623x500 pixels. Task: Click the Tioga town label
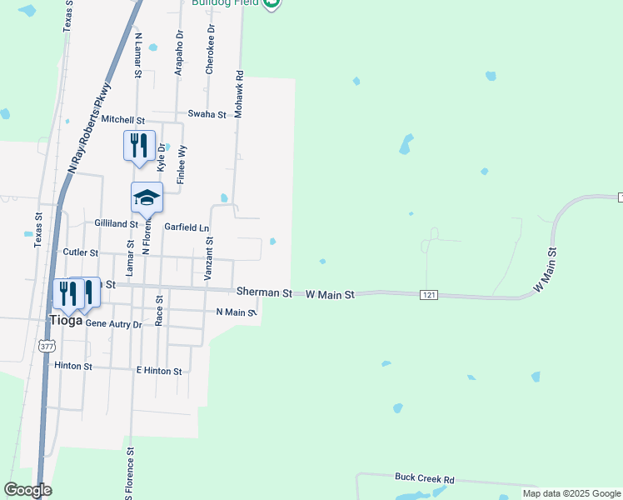click(67, 321)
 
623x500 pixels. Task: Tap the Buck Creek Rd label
click(425, 479)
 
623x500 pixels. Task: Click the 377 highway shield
click(45, 344)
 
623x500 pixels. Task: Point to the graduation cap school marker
click(147, 197)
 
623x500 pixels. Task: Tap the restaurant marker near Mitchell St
click(139, 145)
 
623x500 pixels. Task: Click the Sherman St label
click(264, 293)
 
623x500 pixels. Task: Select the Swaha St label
click(207, 114)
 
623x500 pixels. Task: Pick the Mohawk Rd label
click(239, 94)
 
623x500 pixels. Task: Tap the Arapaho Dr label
click(178, 53)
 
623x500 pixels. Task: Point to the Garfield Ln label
click(187, 227)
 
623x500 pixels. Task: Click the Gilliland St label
click(116, 224)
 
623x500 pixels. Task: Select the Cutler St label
click(81, 252)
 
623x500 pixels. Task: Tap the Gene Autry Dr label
click(114, 323)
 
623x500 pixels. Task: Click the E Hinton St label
click(159, 370)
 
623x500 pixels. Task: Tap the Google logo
click(27, 490)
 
